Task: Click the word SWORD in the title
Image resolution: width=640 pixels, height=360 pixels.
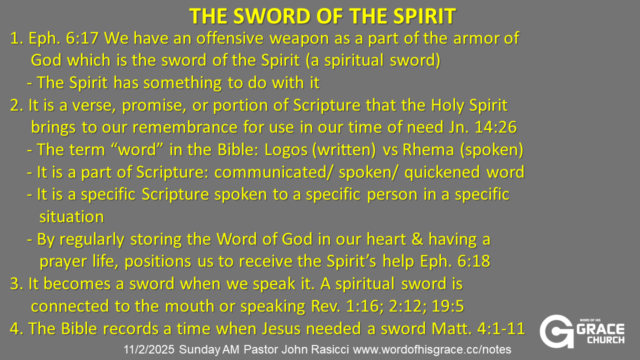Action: pyautogui.click(x=272, y=16)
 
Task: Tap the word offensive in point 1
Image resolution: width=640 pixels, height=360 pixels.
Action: pyautogui.click(x=229, y=38)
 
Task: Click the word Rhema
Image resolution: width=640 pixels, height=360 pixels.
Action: pyautogui.click(x=428, y=149)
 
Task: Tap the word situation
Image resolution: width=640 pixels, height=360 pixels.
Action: pyautogui.click(x=71, y=216)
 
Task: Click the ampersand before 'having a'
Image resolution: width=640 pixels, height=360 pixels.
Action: pyautogui.click(x=417, y=239)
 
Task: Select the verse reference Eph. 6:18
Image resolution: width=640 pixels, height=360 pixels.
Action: pyautogui.click(x=455, y=261)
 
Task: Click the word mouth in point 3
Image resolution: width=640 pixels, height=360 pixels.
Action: pyautogui.click(x=189, y=306)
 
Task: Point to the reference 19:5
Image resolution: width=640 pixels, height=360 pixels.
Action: pyautogui.click(x=447, y=306)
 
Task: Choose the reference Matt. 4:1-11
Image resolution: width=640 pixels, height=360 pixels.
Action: pyautogui.click(x=478, y=328)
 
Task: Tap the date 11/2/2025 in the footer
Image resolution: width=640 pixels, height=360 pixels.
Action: pyautogui.click(x=149, y=349)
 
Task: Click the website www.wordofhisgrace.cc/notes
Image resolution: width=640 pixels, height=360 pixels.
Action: pyautogui.click(x=432, y=349)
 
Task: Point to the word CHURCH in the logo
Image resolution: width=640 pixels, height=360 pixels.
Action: pyautogui.click(x=605, y=340)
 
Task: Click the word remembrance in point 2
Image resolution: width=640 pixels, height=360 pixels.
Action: pyautogui.click(x=185, y=127)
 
